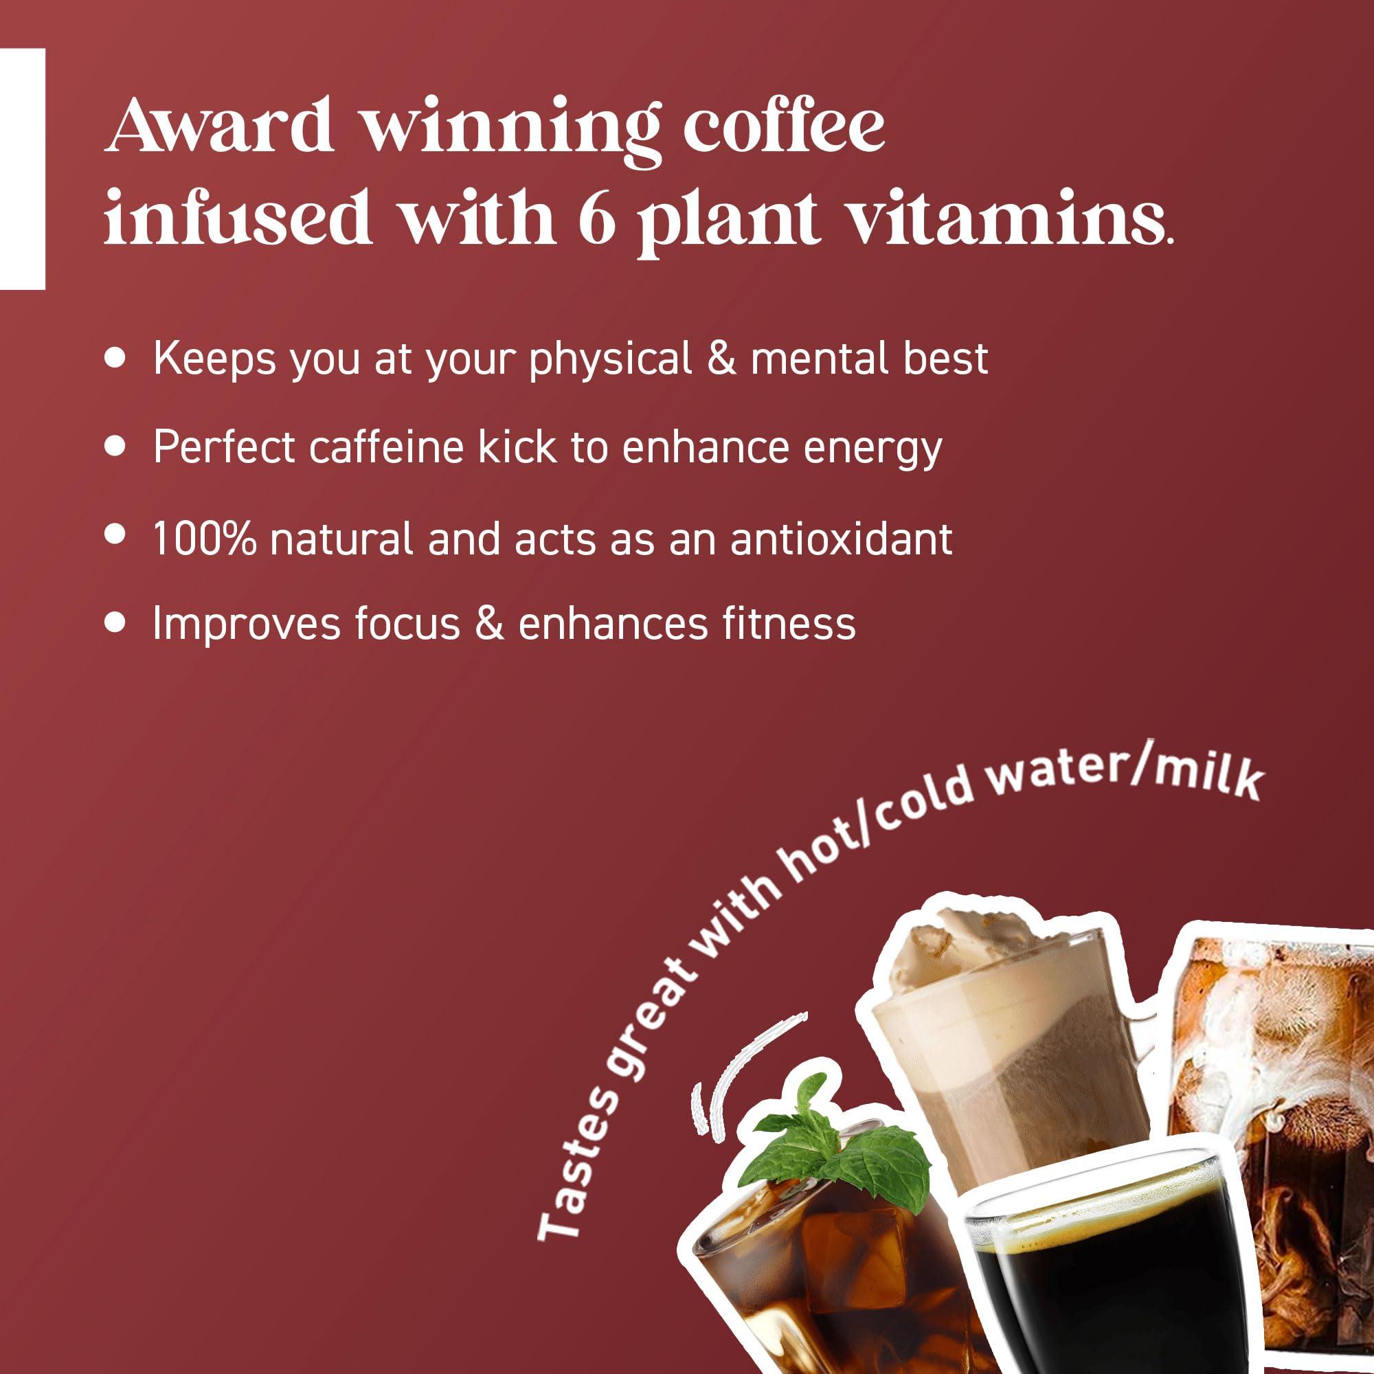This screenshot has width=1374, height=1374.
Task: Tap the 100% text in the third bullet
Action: [204, 539]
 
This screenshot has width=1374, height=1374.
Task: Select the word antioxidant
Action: [842, 539]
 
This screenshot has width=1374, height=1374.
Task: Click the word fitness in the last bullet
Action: [789, 623]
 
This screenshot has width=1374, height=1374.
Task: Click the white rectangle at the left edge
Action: [22, 168]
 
